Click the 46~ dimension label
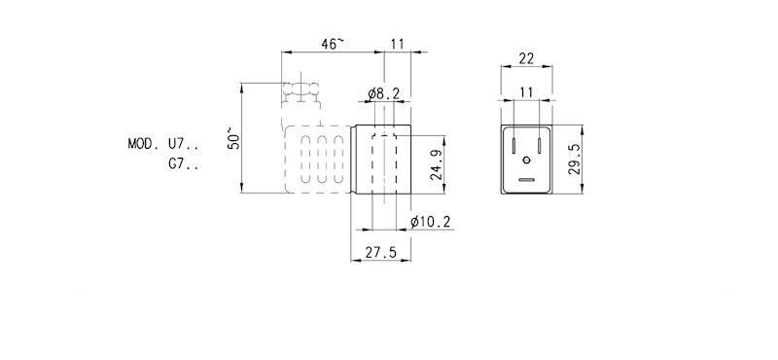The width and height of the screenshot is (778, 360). click(x=332, y=44)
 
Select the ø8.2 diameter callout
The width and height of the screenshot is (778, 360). click(x=383, y=94)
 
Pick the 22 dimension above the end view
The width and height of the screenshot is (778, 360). click(x=526, y=58)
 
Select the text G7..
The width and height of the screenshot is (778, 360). click(x=183, y=163)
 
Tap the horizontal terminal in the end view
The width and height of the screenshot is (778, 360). click(x=526, y=180)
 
